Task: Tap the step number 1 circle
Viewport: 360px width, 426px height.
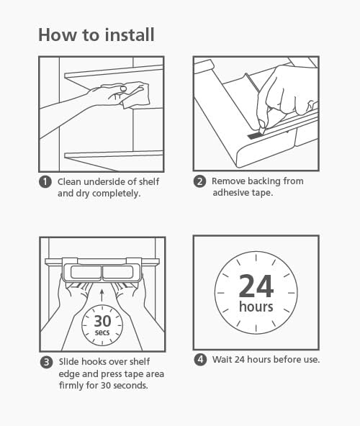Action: (x=45, y=182)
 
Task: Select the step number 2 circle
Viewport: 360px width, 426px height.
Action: (x=199, y=182)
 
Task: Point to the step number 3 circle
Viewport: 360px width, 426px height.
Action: (x=45, y=362)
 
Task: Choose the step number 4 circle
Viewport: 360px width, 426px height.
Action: (x=199, y=359)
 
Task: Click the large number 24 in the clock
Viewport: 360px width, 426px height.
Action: (x=256, y=286)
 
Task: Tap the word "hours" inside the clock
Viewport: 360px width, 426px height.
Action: (x=256, y=307)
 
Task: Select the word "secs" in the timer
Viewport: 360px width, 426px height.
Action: (x=102, y=334)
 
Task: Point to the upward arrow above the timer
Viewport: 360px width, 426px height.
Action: (x=102, y=294)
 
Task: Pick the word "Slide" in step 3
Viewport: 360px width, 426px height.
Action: (x=68, y=362)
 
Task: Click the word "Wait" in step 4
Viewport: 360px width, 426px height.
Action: (x=222, y=359)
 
